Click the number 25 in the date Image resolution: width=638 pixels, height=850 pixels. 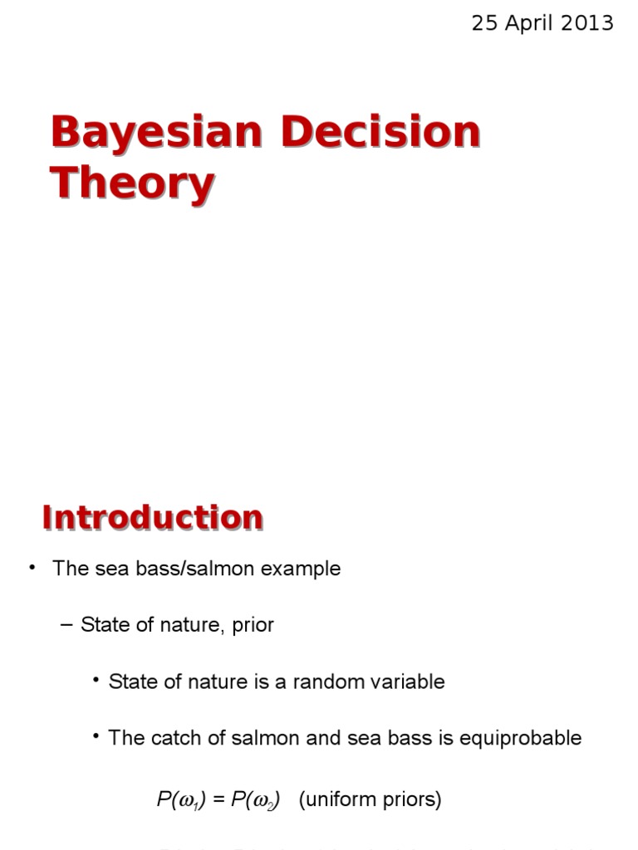(484, 23)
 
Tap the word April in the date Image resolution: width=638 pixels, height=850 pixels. (532, 23)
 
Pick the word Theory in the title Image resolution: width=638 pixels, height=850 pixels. (132, 183)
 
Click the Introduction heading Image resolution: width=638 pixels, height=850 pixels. (153, 518)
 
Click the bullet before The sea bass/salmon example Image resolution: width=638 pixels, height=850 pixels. (32, 568)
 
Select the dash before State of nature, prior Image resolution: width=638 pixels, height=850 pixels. (68, 625)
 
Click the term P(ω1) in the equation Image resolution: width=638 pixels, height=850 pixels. (176, 800)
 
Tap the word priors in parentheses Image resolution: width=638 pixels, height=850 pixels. (410, 800)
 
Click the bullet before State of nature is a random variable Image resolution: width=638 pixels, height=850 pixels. (97, 681)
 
